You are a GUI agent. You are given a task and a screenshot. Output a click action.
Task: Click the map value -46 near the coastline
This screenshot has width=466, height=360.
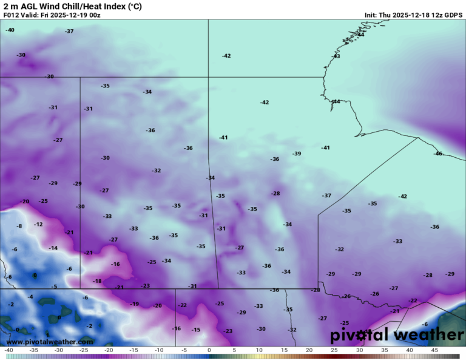tap(437, 154)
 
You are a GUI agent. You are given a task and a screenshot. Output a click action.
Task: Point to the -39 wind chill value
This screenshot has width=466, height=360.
tap(296, 154)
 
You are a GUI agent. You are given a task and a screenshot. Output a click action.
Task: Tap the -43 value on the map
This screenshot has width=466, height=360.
tap(336, 56)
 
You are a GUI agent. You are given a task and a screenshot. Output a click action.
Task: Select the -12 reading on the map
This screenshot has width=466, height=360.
tap(38, 224)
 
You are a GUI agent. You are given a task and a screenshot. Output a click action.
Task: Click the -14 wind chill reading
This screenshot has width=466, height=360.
tap(53, 248)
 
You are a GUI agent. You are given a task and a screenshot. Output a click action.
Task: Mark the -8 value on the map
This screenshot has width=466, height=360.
tap(19, 226)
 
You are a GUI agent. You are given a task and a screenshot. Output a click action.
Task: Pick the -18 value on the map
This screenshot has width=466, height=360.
tap(97, 281)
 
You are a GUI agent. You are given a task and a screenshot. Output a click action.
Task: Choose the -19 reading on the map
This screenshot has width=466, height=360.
tap(134, 304)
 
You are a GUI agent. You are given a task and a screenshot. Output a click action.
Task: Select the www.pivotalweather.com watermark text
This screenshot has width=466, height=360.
tap(50, 342)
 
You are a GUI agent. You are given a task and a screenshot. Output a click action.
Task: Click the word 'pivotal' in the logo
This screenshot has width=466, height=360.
tap(359, 335)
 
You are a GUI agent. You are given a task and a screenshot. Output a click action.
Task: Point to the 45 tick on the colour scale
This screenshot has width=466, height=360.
tap(434, 350)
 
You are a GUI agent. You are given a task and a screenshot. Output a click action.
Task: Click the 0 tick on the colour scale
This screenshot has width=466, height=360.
tap(209, 350)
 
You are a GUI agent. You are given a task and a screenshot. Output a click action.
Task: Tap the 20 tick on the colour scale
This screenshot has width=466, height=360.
tap(309, 350)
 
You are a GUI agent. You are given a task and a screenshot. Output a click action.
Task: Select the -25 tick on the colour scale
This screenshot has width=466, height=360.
tap(84, 350)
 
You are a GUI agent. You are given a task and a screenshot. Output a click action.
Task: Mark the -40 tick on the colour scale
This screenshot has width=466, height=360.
tap(8, 350)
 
